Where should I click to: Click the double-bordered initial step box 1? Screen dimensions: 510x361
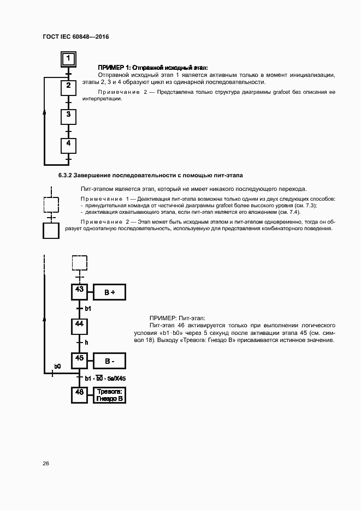[x=68, y=58]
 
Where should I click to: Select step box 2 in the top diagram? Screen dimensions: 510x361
[x=68, y=87]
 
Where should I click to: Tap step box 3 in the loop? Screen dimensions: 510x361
[x=68, y=116]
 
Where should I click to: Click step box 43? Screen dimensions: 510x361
[x=79, y=292]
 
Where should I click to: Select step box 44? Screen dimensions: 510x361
[x=79, y=326]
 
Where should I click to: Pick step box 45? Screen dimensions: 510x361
[x=79, y=361]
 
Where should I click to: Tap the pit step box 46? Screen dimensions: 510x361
[x=79, y=394]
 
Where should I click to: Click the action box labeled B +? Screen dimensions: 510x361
[x=109, y=292]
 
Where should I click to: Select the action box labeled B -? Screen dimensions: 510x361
[x=109, y=361]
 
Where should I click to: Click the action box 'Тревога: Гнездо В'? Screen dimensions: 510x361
[x=109, y=395]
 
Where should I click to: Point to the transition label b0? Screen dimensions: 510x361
[x=57, y=366]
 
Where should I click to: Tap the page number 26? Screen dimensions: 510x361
[x=46, y=463]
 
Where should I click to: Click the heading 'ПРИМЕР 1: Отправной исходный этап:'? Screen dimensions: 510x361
[x=149, y=66]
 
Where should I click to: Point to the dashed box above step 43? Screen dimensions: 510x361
[x=79, y=262]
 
